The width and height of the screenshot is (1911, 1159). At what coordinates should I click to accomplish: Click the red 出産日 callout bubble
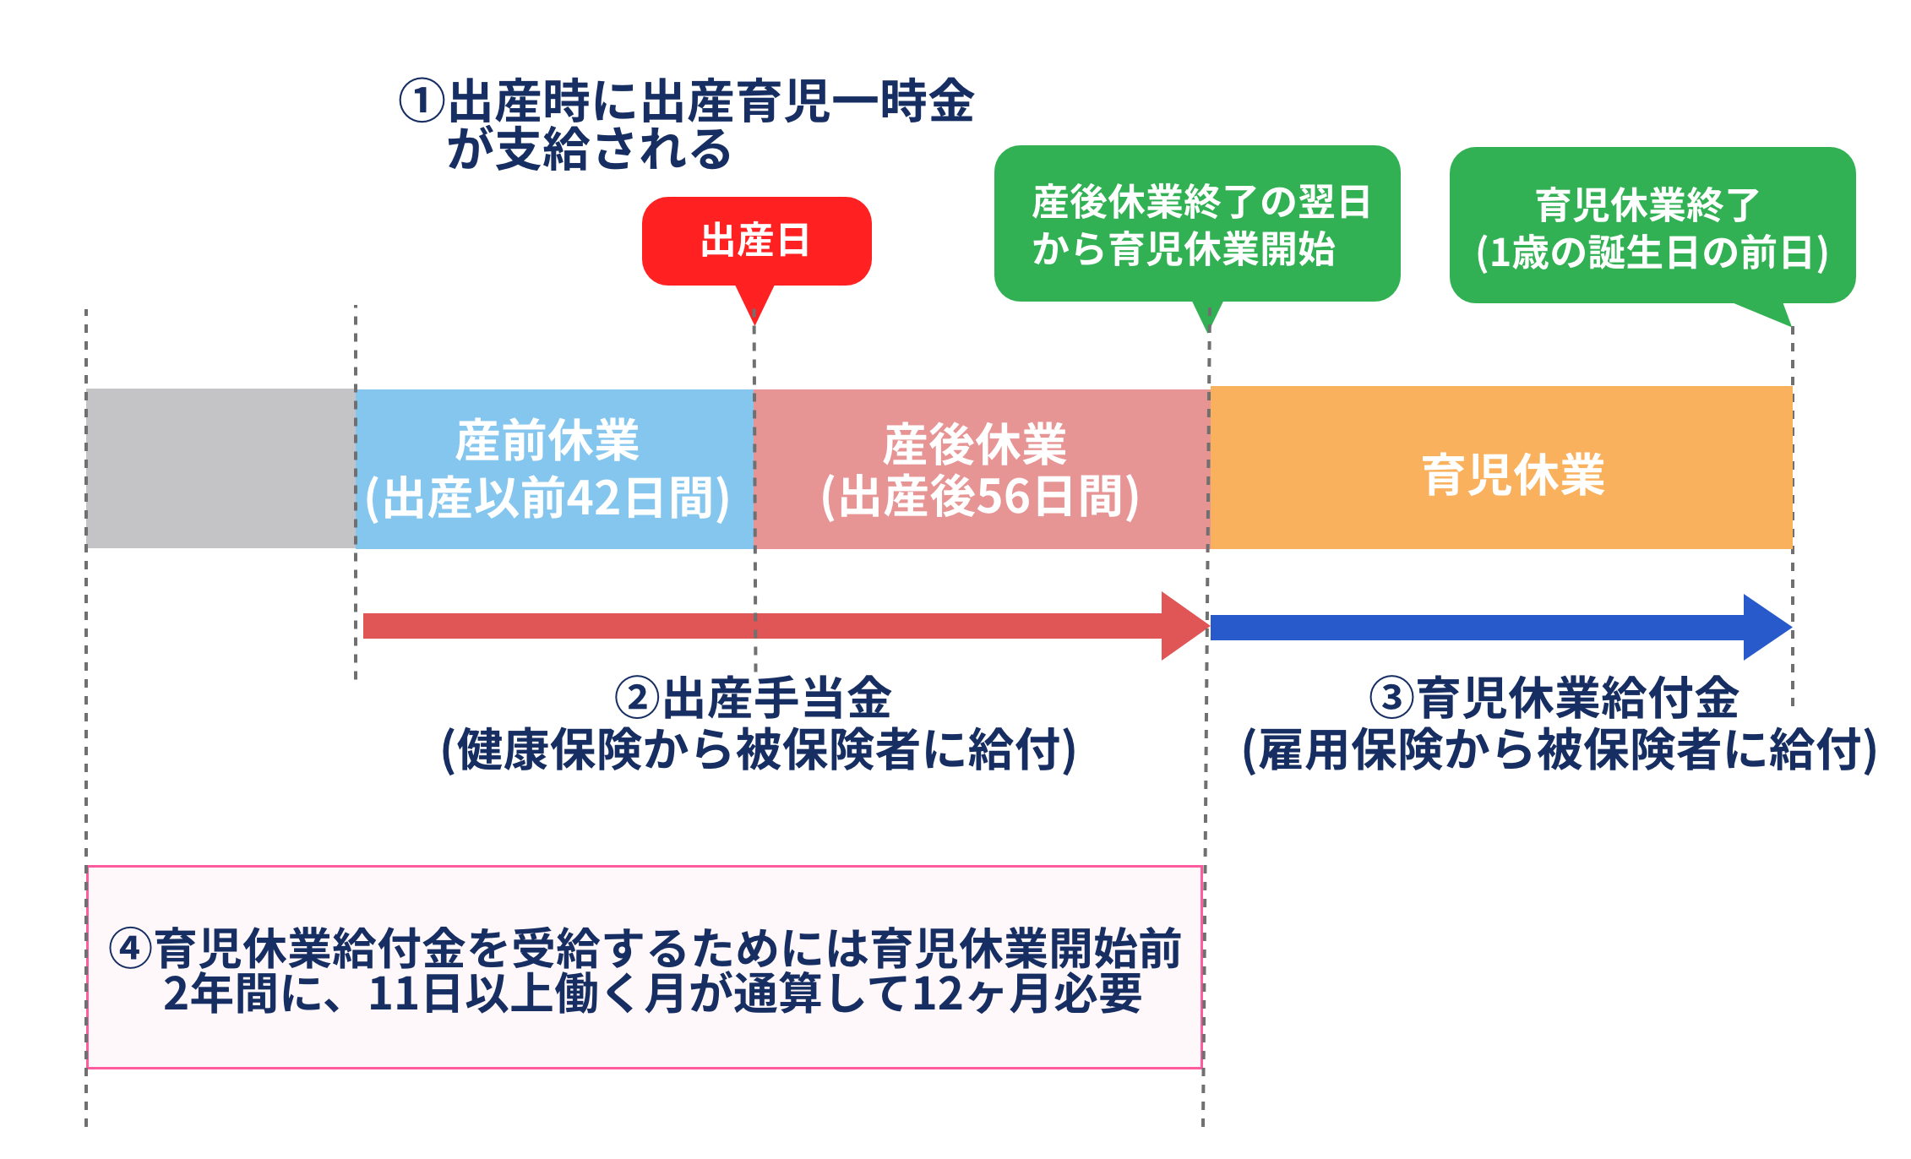pos(756,241)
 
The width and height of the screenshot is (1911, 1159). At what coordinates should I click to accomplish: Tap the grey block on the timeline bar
pos(220,468)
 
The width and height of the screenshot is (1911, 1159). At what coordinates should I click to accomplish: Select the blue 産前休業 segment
pos(554,468)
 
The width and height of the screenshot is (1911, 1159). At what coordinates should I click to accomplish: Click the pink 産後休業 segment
pos(980,468)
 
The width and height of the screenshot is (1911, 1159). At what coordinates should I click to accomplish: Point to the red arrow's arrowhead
pos(1184,626)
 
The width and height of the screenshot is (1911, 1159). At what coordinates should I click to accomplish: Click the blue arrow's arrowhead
pos(1767,627)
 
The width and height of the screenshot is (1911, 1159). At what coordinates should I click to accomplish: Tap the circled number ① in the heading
pos(422,101)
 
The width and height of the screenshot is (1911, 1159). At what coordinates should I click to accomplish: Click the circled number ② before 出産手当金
pos(637,698)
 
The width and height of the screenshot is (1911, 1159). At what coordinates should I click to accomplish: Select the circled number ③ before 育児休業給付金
pos(1391,698)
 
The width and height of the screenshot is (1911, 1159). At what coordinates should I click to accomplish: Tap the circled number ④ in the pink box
pos(130,948)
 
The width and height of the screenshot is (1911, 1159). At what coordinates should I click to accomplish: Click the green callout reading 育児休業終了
pos(1652,226)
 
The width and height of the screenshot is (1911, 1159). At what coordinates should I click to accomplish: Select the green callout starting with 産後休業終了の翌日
pos(1196,224)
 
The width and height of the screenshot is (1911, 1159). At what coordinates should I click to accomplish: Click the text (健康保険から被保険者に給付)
pos(758,749)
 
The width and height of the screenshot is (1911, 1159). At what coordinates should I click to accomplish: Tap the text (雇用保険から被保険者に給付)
pos(1559,749)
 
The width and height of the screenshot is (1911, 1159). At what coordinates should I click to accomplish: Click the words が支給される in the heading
pos(589,150)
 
